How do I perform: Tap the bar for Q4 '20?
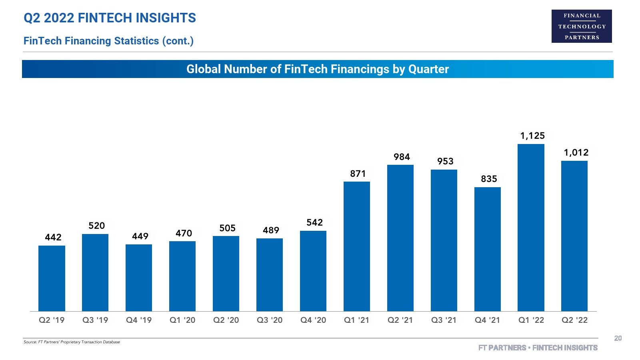point(313,271)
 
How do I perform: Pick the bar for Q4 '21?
point(487,249)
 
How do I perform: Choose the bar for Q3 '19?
point(95,272)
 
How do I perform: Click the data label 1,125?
point(532,136)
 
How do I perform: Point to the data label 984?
point(402,157)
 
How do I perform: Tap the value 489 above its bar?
point(271,230)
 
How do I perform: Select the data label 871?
point(358,174)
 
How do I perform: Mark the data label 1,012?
point(576,153)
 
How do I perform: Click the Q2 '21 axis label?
point(400,320)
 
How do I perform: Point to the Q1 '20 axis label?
point(182,320)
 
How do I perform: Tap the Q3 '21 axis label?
point(444,320)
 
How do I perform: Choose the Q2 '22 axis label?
point(574,320)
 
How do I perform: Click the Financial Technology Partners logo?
point(582,26)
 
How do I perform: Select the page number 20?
point(618,338)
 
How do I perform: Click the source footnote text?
point(72,342)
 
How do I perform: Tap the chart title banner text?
point(318,69)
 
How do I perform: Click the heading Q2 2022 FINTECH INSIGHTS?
point(110,18)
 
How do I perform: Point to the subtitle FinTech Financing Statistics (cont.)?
point(108,41)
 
